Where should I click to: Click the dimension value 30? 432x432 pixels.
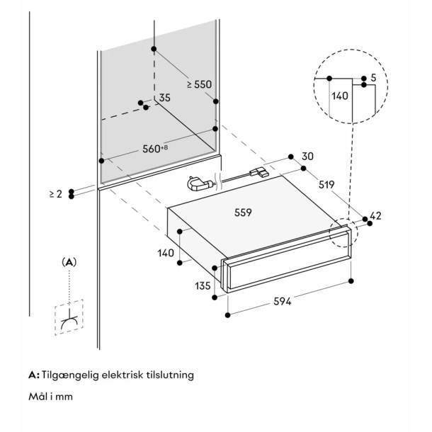[307, 157]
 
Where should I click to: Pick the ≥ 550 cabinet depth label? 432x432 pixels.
[199, 84]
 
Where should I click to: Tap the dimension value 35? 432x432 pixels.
[164, 98]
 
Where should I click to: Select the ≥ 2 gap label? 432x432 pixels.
[56, 193]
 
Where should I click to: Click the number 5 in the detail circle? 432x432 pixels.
[373, 79]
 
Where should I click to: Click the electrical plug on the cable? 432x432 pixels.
[198, 184]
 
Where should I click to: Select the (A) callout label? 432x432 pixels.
[69, 261]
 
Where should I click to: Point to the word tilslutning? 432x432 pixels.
[167, 375]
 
